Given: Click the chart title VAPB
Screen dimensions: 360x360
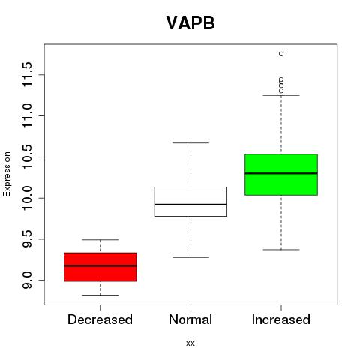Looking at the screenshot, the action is coord(190,23).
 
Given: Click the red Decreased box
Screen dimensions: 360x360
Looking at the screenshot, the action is coord(100,267).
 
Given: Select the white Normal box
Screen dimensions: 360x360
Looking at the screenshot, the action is coord(190,202).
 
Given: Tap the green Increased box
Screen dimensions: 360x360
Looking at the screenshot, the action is coord(281,175).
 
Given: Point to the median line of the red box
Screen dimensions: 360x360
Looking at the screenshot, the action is coord(100,265).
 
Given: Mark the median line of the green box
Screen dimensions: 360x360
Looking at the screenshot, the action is coord(281,173).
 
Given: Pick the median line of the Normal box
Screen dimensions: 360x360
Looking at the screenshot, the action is coord(190,205).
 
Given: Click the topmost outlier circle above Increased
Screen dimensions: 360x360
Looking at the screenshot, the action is coord(281,54).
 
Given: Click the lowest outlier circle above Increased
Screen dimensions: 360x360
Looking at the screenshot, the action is coord(281,91).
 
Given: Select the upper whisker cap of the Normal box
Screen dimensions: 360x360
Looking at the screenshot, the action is coord(190,143).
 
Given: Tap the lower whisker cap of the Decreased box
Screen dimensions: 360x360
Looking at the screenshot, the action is coord(100,295).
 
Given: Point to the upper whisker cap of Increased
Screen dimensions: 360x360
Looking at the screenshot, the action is coord(281,95).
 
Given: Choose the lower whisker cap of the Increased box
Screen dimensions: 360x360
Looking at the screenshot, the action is coord(281,250).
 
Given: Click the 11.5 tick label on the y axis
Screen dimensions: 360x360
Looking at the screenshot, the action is coord(27,75).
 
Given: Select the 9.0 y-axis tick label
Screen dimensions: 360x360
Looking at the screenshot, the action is coord(27,280).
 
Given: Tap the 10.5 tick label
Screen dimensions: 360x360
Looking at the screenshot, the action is coord(27,157).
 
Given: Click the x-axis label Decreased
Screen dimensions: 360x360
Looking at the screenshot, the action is coord(100,319).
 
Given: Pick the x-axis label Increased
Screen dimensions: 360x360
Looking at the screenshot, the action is coord(281,319).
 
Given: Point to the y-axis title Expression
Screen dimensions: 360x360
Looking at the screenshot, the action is coord(7,174).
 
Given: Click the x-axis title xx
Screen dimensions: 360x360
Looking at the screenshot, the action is coord(190,343).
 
